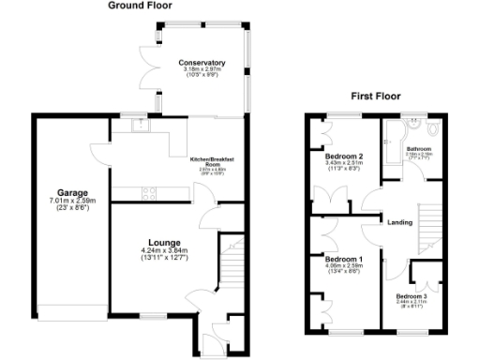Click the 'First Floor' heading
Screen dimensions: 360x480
tap(376, 95)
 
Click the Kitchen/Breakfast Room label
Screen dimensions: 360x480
tap(212, 161)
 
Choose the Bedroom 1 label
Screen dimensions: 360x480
tap(343, 258)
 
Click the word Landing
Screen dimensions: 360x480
tap(400, 222)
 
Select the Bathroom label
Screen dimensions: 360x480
tap(418, 149)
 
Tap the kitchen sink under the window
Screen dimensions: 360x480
tap(140, 126)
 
